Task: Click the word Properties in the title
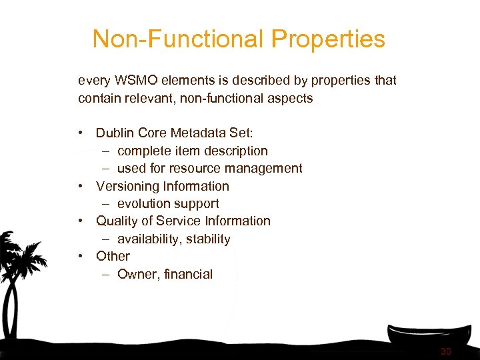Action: pyautogui.click(x=329, y=39)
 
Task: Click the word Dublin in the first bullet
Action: pyautogui.click(x=115, y=133)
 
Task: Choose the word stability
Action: pyautogui.click(x=208, y=239)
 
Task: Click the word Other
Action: pyautogui.click(x=113, y=256)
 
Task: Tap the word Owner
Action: pyautogui.click(x=137, y=274)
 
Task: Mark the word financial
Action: pyautogui.click(x=188, y=274)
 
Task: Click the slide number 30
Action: pyautogui.click(x=446, y=351)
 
